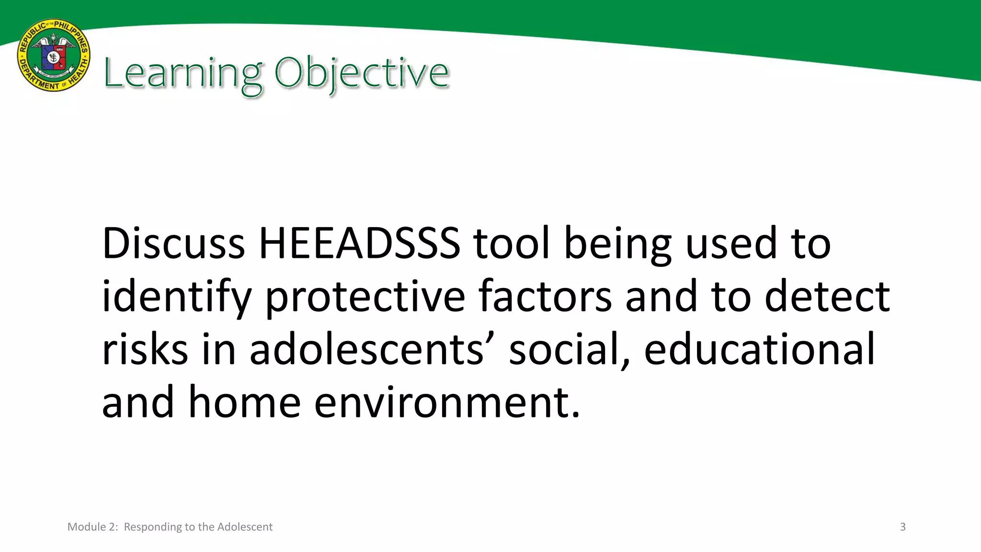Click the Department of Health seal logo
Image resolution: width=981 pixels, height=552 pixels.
point(54,56)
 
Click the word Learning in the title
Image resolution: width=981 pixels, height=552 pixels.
point(183,73)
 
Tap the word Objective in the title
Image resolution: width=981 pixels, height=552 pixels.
point(362,73)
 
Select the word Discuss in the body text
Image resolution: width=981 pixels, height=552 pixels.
point(173,243)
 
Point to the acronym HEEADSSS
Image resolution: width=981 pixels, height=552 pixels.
point(359,243)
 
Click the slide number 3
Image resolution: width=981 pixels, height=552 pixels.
point(902,527)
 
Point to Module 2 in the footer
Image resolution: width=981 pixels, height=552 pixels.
point(92,527)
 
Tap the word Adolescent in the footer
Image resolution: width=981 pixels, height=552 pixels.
point(245,527)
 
